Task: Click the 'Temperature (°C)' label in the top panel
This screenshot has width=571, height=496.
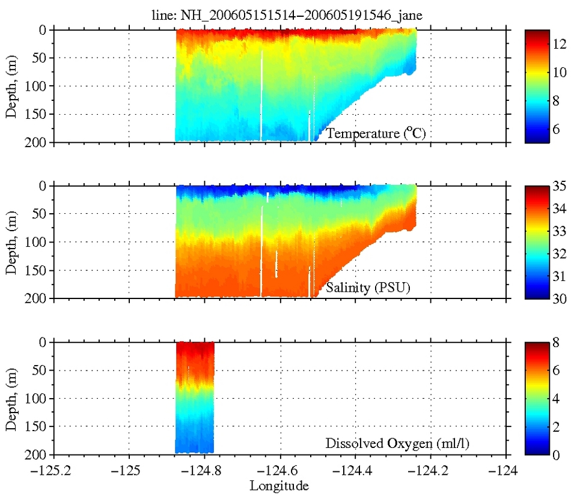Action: tap(376, 133)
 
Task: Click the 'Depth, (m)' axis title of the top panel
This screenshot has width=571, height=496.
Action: tap(11, 86)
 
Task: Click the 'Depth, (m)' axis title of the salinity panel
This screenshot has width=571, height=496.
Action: tap(11, 242)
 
